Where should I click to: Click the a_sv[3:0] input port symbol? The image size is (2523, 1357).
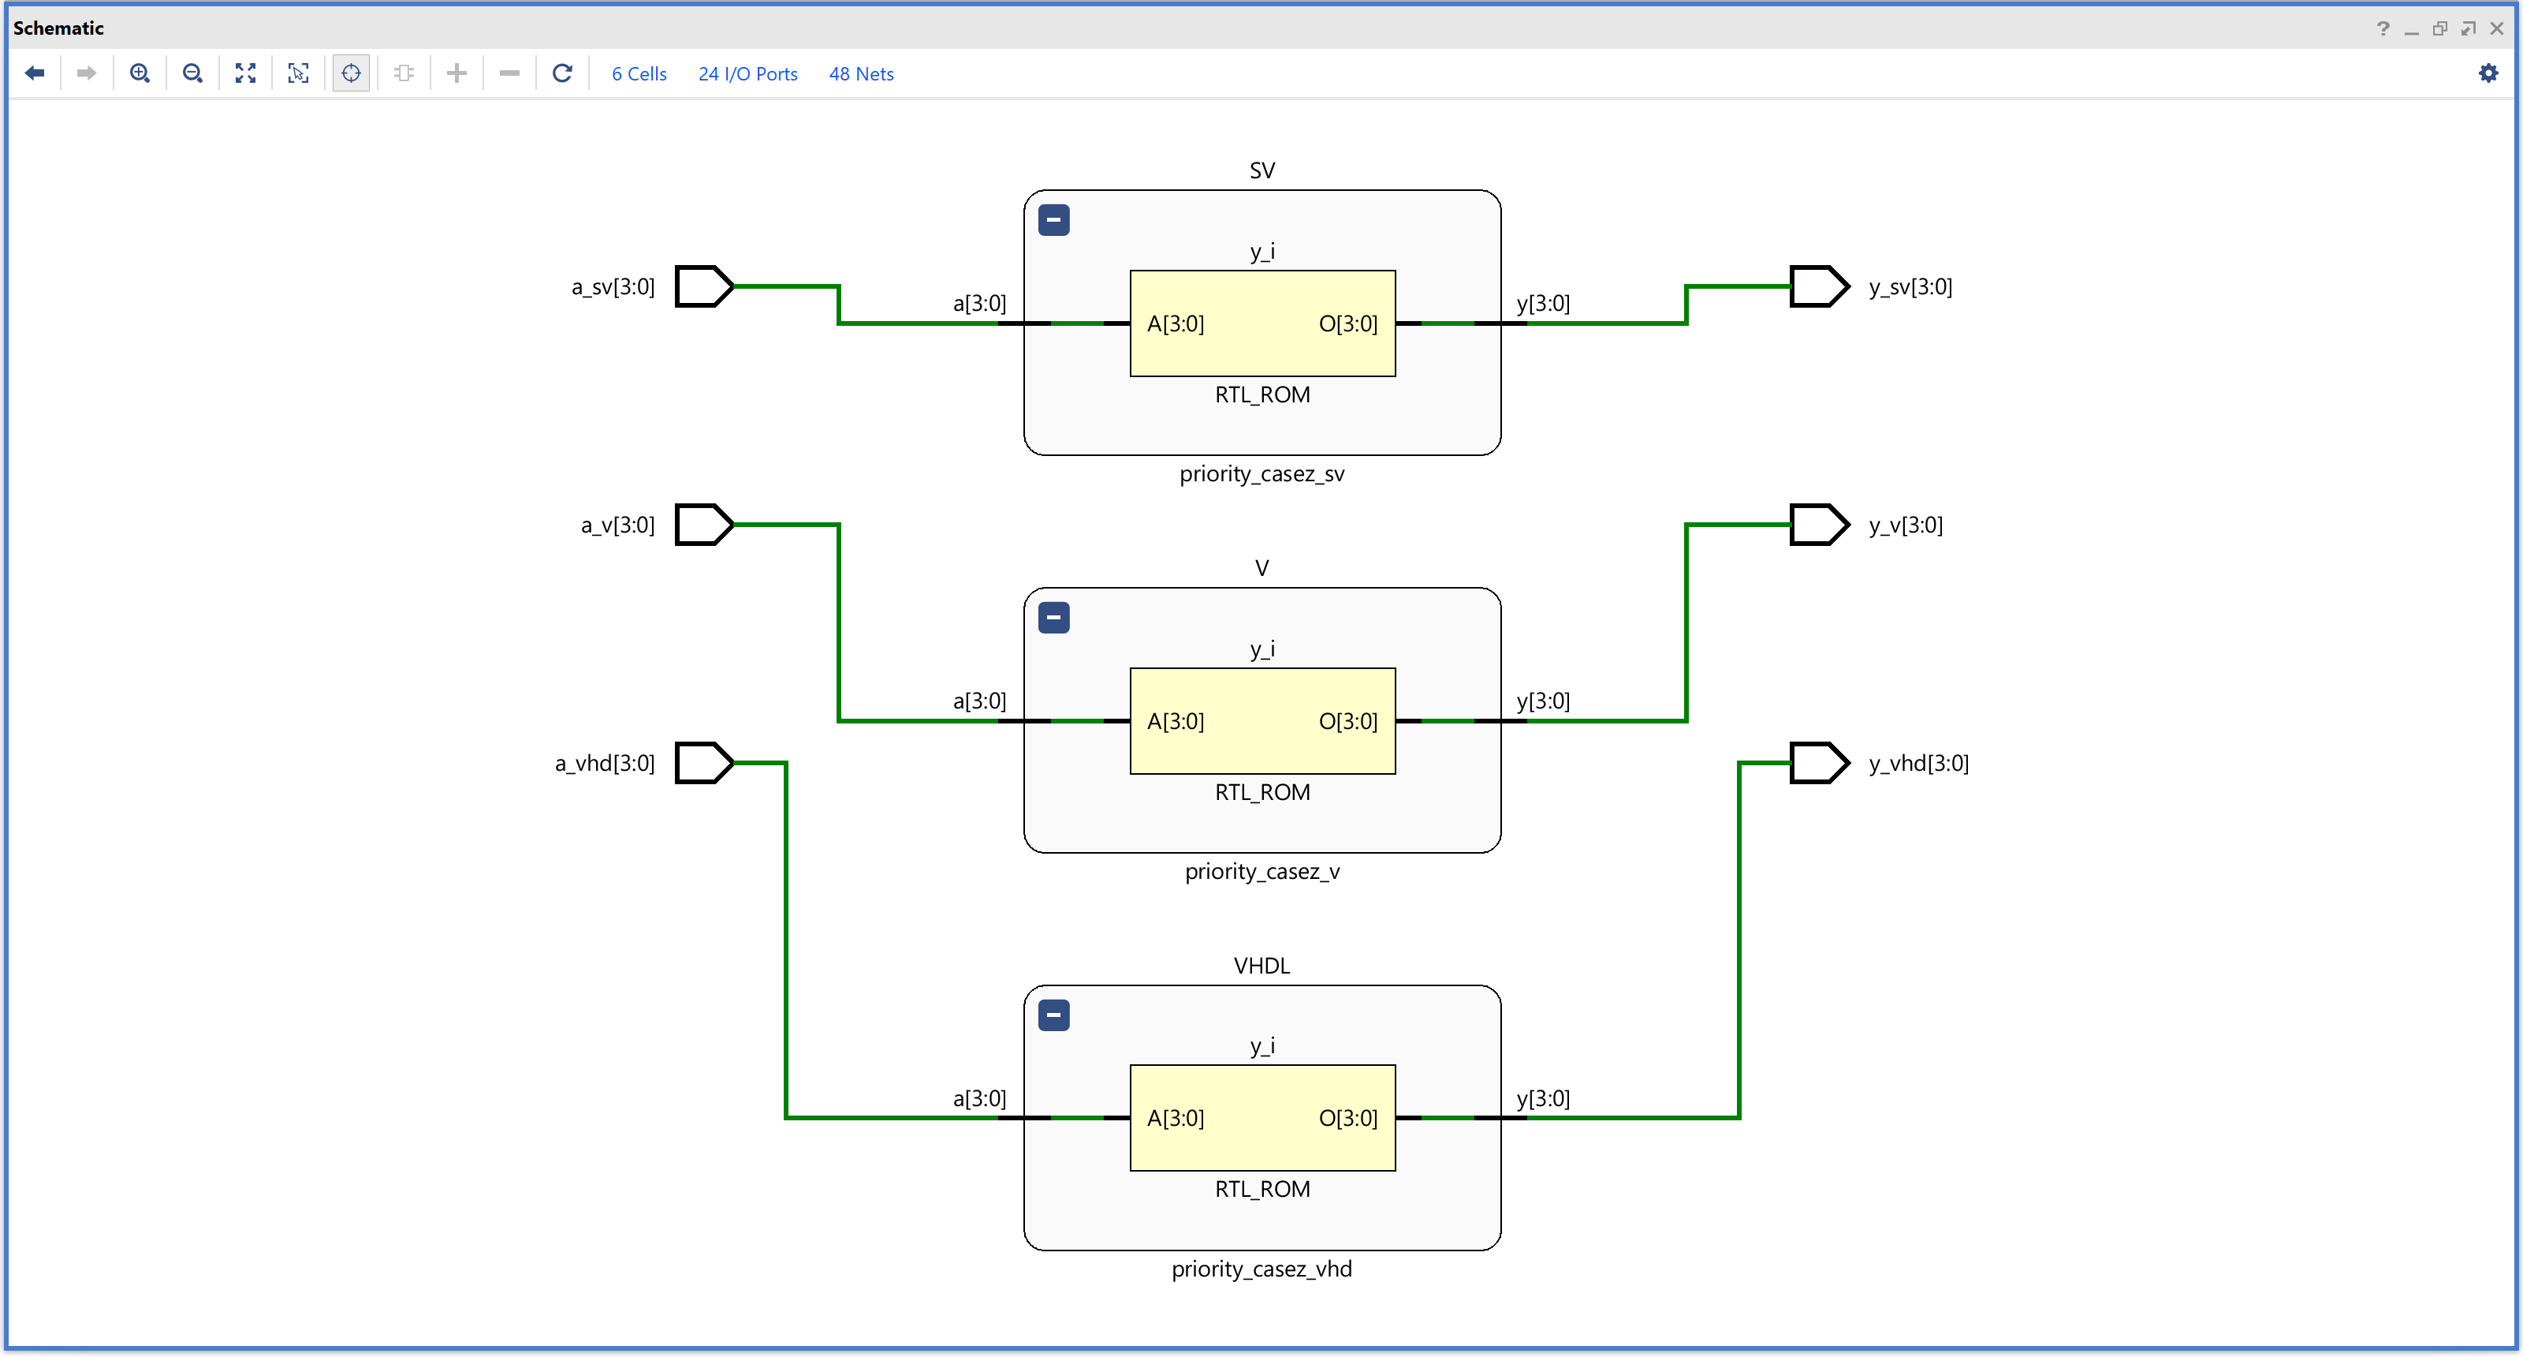pyautogui.click(x=704, y=286)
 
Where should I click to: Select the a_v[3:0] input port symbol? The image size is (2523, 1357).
pyautogui.click(x=704, y=524)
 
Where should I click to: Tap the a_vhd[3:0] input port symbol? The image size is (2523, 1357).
pyautogui.click(x=704, y=762)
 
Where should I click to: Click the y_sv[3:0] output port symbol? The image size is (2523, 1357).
pyautogui.click(x=1820, y=286)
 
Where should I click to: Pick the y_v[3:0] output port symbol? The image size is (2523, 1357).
pyautogui.click(x=1820, y=524)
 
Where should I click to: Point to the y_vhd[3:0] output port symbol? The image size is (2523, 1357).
pyautogui.click(x=1820, y=762)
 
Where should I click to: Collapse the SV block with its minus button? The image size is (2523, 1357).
pyautogui.click(x=1054, y=219)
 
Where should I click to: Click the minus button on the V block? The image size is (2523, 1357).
pyautogui.click(x=1054, y=617)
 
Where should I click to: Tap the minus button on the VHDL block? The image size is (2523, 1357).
pyautogui.click(x=1054, y=1015)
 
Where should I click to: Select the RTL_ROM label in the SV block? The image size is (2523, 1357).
pyautogui.click(x=1262, y=394)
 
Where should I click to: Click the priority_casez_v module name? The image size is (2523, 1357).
pyautogui.click(x=1262, y=871)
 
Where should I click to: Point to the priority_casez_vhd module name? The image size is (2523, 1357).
pyautogui.click(x=1261, y=1269)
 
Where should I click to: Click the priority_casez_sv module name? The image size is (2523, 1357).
pyautogui.click(x=1261, y=474)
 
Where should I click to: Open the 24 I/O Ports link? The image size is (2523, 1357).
pyautogui.click(x=747, y=73)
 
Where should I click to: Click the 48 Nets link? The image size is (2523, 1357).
pyautogui.click(x=861, y=73)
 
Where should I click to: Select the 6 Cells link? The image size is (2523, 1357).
pyautogui.click(x=639, y=73)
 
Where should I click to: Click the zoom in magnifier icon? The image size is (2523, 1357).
pyautogui.click(x=140, y=73)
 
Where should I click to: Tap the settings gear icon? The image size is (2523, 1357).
pyautogui.click(x=2488, y=73)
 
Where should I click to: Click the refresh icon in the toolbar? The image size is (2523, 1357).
pyautogui.click(x=562, y=73)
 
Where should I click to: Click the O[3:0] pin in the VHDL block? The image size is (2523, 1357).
pyautogui.click(x=1347, y=1118)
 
